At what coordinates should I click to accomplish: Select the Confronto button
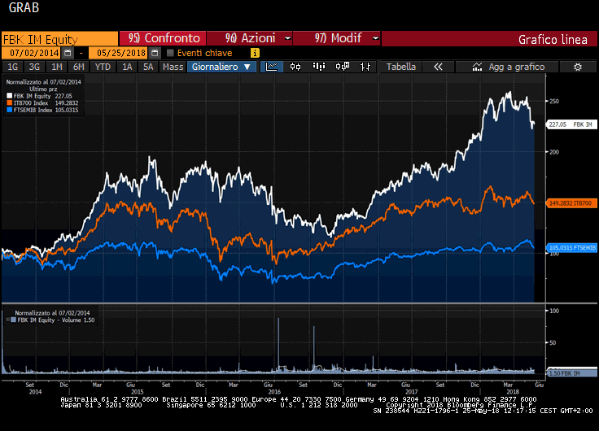[163, 38]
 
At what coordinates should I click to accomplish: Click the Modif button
[336, 38]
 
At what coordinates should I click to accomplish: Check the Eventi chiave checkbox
[170, 53]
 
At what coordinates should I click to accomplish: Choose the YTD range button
[103, 67]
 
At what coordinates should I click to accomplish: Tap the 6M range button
[78, 67]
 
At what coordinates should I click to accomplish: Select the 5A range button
[147, 67]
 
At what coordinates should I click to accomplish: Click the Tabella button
[401, 67]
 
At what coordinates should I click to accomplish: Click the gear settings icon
[578, 67]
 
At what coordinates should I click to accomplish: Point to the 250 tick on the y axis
[554, 102]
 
